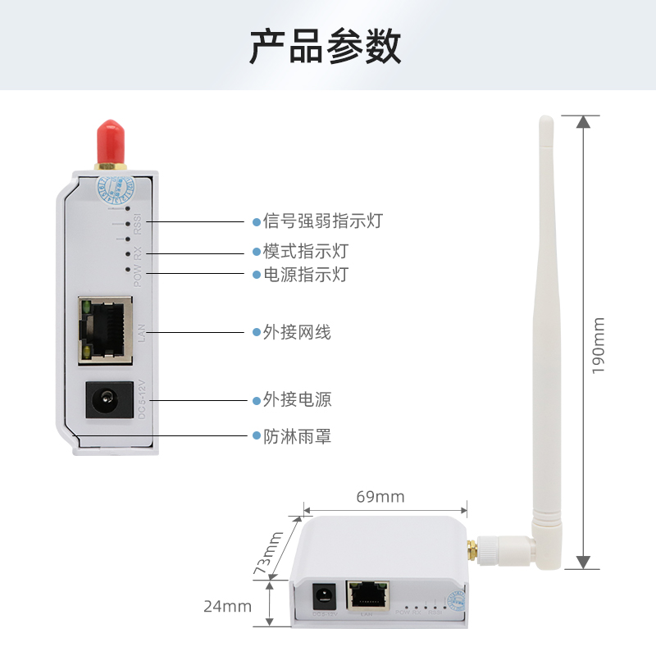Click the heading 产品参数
tap(326, 47)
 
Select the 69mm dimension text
tap(380, 497)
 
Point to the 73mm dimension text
tap(269, 552)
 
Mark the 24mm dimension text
tap(227, 607)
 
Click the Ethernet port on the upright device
tap(105, 330)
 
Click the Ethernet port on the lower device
tap(368, 594)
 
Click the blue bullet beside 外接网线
tap(256, 333)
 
